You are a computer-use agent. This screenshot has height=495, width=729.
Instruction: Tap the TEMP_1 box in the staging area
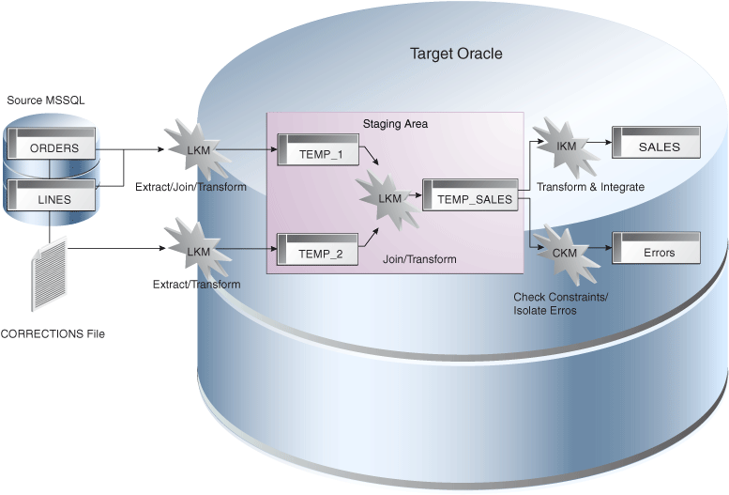316,150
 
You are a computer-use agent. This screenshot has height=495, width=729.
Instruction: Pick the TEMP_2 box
316,251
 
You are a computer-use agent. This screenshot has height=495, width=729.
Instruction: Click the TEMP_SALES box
470,196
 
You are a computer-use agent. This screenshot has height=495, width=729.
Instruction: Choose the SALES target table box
659,144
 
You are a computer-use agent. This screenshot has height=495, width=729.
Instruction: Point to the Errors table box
659,250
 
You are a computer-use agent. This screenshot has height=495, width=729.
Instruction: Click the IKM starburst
566,145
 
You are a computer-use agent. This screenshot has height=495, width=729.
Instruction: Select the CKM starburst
566,252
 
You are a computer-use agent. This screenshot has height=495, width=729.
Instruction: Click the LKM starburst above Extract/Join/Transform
198,149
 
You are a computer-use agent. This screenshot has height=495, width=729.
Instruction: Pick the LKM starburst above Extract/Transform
198,250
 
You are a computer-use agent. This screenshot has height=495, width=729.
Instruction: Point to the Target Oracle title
456,54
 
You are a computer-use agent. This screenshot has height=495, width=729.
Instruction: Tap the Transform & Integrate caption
590,187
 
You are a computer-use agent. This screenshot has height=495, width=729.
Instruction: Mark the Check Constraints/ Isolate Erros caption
560,303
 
